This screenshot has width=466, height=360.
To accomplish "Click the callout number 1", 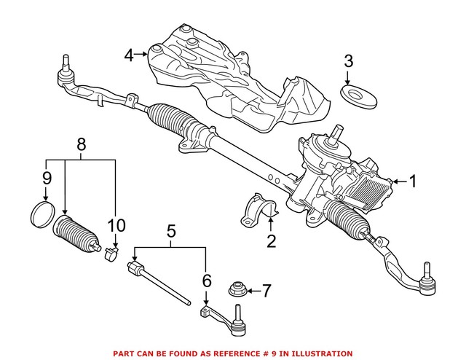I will tap(414, 181).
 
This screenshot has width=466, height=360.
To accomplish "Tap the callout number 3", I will tap(348, 60).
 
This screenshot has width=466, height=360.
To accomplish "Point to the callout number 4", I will tap(128, 54).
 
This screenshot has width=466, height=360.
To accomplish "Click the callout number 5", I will tap(171, 233).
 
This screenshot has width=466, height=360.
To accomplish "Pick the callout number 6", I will tap(206, 279).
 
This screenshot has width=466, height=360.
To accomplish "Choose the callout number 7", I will tap(266, 291).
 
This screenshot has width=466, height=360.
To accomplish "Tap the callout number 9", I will tap(46, 176).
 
